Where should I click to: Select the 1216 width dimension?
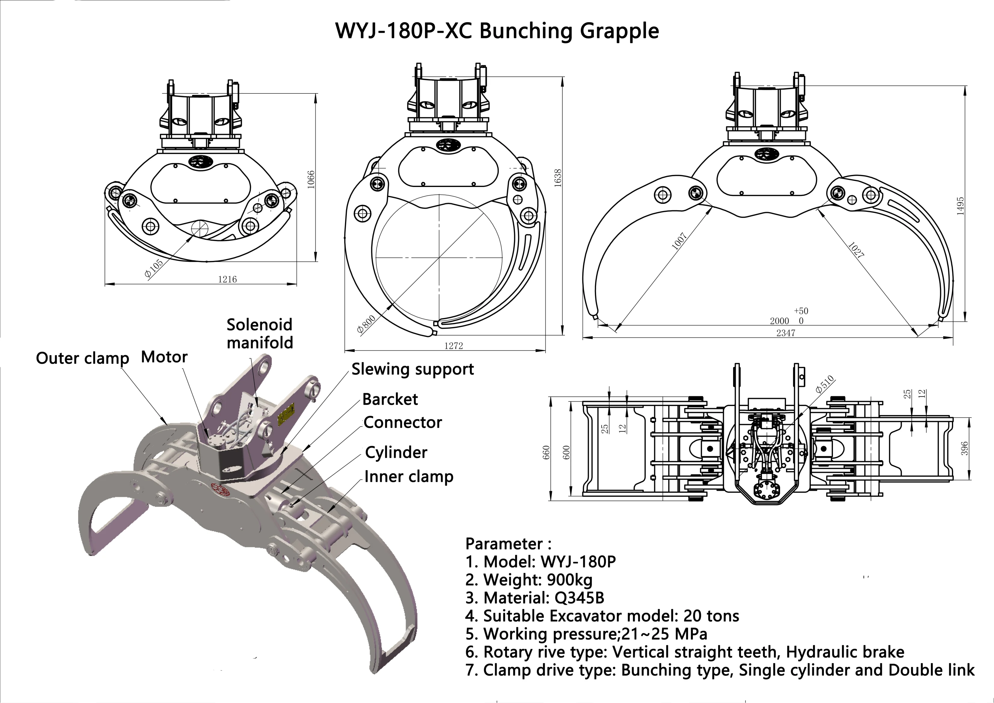[x=227, y=279]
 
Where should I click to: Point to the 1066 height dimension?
[x=311, y=179]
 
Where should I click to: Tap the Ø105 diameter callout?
[x=154, y=268]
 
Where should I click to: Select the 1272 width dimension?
[x=453, y=345]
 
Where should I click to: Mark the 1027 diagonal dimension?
[x=856, y=250]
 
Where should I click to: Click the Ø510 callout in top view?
[x=825, y=385]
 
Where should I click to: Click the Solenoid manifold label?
[x=260, y=334]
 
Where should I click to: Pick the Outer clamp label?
[x=82, y=359]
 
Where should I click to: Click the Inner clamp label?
[x=409, y=477]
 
